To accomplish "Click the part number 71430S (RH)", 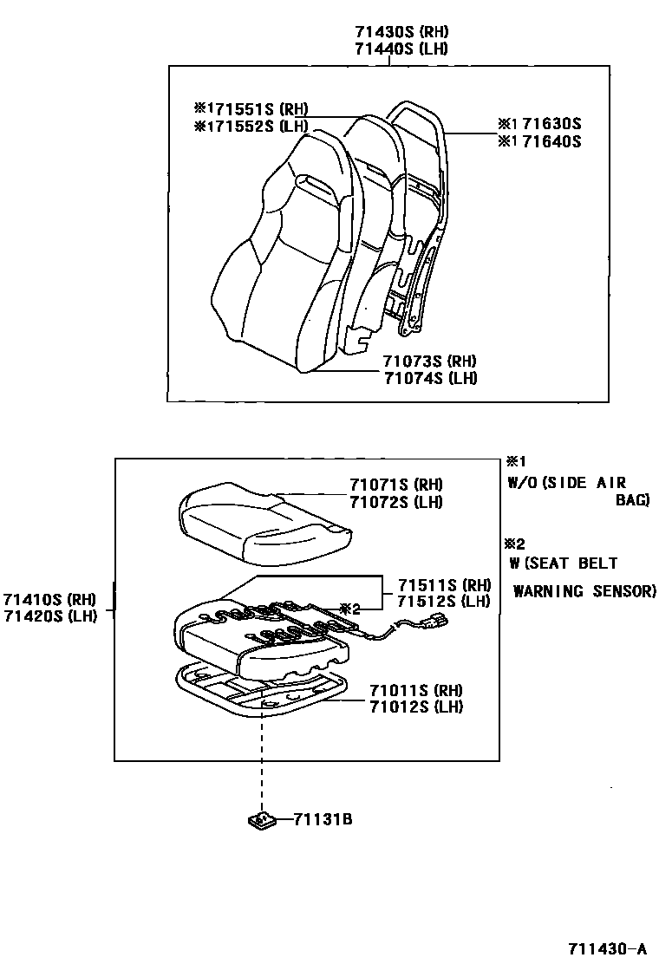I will pos(401,31).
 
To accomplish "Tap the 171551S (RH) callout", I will pos(251,109).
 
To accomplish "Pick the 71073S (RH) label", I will pos(431,361).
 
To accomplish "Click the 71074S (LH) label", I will pos(431,378).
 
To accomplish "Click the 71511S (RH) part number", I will pos(444,585).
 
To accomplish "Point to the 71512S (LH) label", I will pos(444,602).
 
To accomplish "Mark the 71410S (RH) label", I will pos(48,599).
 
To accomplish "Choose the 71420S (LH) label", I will pos(48,616).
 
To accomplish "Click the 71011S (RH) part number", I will pos(416,690).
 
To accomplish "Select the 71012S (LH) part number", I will pos(416,707).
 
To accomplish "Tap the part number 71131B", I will pos(323,818).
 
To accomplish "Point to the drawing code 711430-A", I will pos(608,947).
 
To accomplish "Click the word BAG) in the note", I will pos(632,500).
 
